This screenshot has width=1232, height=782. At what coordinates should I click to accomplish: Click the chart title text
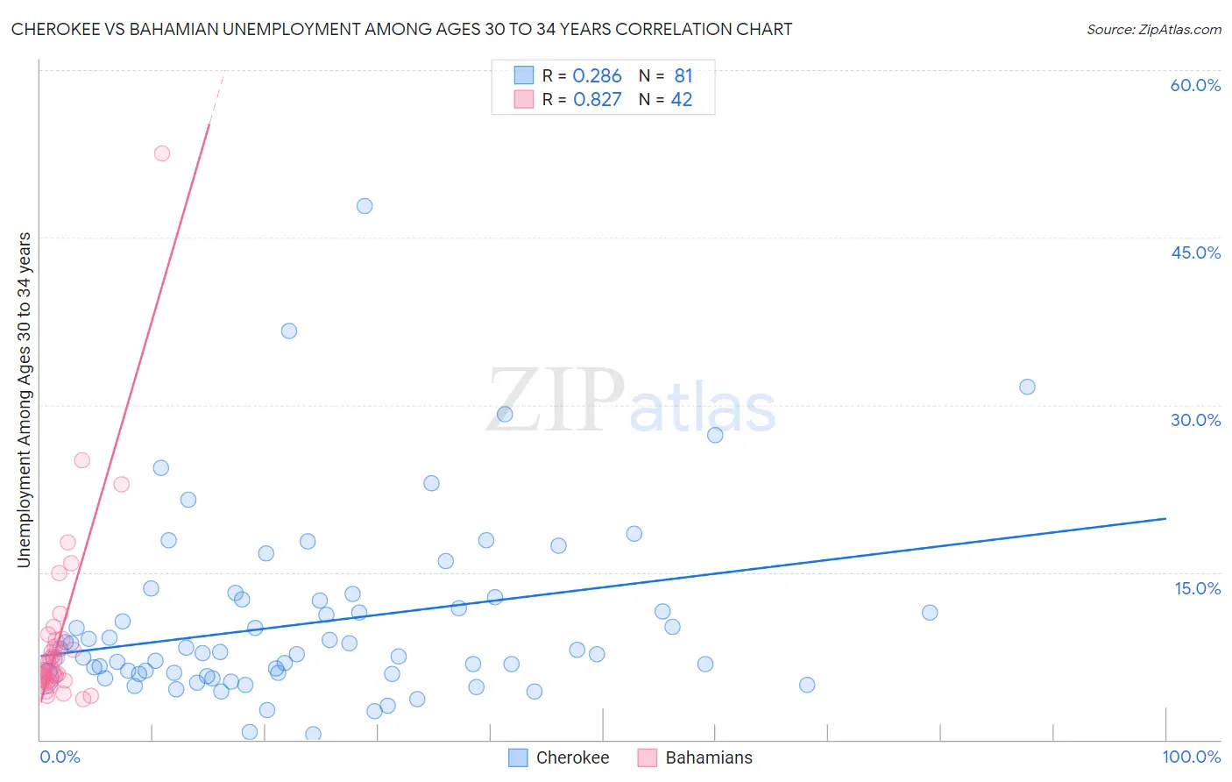click(401, 29)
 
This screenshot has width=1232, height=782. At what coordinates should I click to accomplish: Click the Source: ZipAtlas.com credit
click(1153, 29)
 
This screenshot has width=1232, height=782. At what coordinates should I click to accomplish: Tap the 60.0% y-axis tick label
click(1195, 85)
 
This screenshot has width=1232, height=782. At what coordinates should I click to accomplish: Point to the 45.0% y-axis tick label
click(1195, 252)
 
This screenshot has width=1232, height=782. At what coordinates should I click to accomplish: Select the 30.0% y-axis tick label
click(1195, 420)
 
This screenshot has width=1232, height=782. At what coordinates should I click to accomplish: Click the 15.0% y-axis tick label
click(1197, 588)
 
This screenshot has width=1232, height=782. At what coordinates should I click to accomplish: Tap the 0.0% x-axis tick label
click(60, 757)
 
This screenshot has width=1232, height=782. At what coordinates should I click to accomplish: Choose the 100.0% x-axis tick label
click(1191, 757)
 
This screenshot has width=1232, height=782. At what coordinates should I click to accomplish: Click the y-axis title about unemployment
click(24, 400)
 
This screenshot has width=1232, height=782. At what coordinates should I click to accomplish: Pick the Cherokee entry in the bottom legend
click(571, 757)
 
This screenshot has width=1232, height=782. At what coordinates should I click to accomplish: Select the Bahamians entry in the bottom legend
click(708, 757)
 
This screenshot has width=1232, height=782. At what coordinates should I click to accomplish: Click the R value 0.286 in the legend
click(597, 76)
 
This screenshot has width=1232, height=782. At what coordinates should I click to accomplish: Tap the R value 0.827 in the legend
click(597, 100)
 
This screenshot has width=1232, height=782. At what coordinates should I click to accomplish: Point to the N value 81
click(683, 76)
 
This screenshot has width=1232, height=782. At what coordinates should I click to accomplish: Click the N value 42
click(682, 100)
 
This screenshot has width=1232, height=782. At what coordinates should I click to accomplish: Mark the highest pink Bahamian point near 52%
click(162, 153)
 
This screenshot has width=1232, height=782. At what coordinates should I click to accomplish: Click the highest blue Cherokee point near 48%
click(365, 206)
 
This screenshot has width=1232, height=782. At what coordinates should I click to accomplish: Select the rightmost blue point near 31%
click(1027, 387)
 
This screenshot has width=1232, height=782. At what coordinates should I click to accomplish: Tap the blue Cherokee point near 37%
click(289, 331)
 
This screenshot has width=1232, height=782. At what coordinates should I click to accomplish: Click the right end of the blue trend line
click(1165, 518)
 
